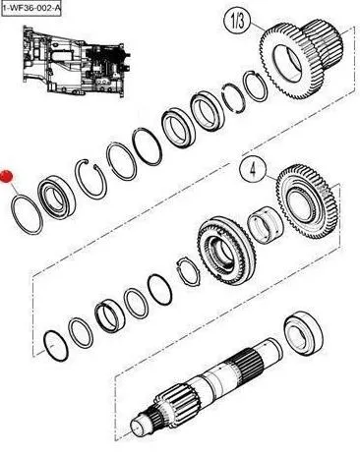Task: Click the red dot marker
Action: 6,176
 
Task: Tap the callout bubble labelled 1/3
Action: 237,21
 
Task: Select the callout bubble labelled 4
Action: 253,169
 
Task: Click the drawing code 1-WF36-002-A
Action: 30,8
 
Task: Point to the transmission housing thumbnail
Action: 76,62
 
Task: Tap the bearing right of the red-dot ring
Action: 56,197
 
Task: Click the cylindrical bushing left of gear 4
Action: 265,225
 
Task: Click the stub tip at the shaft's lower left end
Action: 138,427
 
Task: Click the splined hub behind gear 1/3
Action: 323,42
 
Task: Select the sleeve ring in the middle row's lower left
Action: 109,316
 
